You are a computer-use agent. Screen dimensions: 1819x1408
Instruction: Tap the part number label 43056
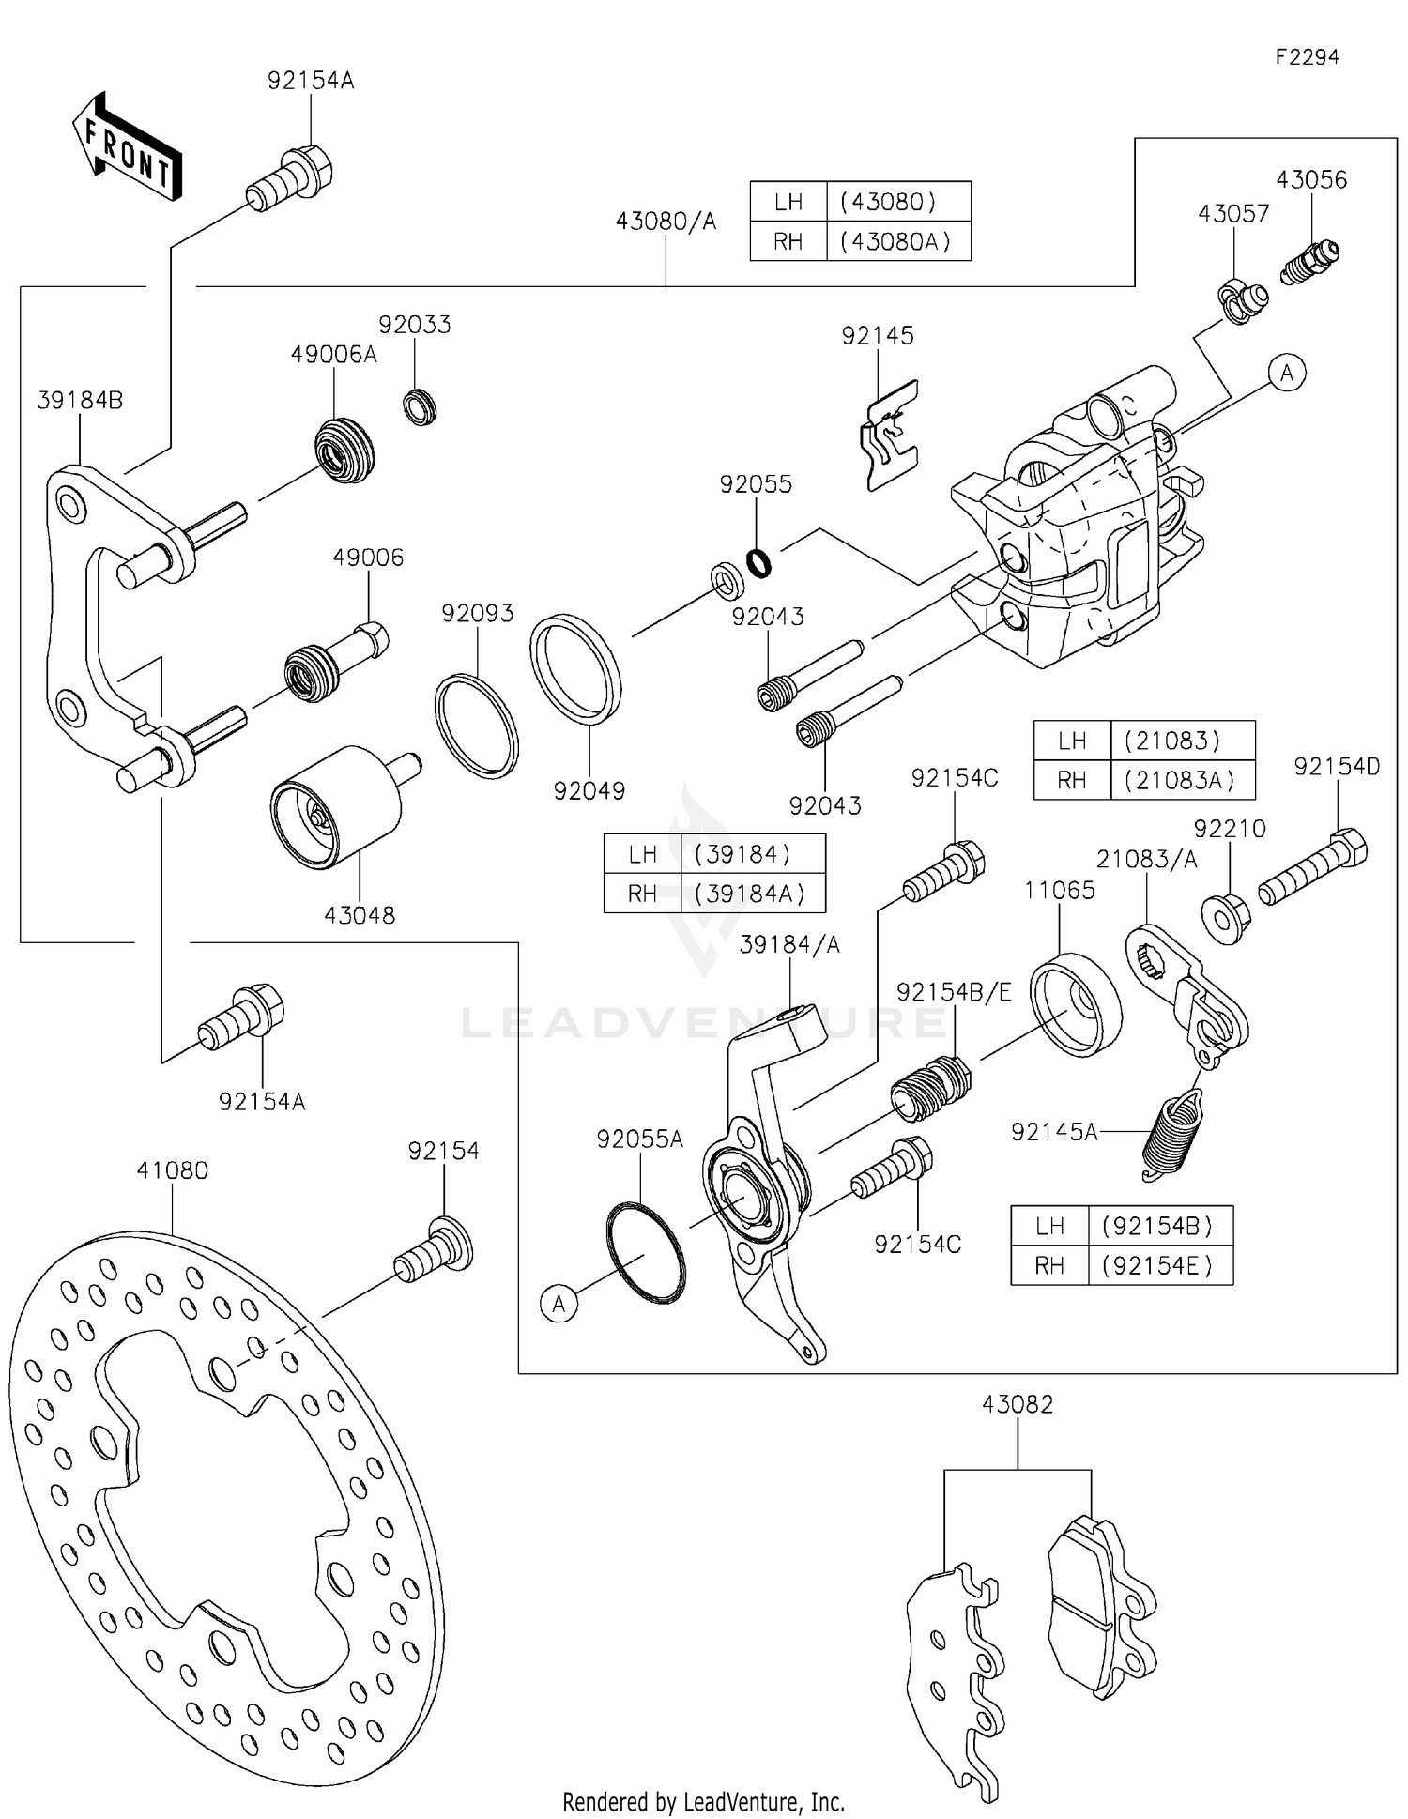click(1310, 179)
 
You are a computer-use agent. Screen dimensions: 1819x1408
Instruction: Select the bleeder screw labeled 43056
click(1309, 262)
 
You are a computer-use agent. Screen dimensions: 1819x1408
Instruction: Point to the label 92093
click(478, 613)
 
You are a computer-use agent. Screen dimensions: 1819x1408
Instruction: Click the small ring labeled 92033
click(420, 408)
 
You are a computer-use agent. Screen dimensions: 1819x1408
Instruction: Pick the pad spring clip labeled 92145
click(889, 436)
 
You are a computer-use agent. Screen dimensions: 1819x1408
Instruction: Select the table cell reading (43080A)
click(896, 241)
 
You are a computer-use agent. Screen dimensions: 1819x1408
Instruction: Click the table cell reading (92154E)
click(1158, 1265)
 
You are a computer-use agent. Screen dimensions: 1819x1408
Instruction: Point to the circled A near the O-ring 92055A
click(559, 1304)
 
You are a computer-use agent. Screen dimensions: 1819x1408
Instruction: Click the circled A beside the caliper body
click(1286, 373)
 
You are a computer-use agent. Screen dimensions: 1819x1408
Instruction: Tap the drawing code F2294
click(1307, 57)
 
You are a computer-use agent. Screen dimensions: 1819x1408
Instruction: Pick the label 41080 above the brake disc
click(172, 1170)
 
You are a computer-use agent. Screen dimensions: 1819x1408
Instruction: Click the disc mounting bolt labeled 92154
click(434, 1249)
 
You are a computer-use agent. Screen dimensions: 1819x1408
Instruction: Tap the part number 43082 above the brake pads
click(1018, 1403)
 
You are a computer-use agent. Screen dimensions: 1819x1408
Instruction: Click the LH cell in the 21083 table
click(1071, 741)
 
